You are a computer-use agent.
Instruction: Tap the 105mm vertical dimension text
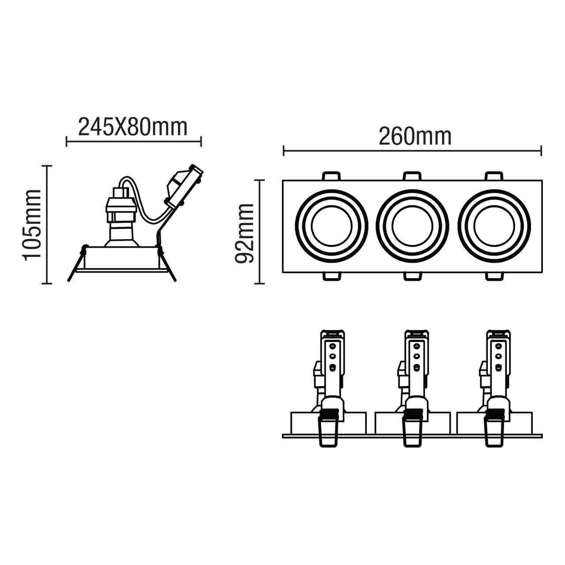tap(32, 225)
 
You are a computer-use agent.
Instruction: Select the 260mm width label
tap(415, 136)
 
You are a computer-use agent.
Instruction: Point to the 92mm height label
tap(245, 233)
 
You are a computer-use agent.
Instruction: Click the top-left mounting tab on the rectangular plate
tap(332, 176)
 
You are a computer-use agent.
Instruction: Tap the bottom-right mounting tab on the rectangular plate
tap(494, 276)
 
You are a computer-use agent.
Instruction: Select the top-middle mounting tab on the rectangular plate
tap(413, 176)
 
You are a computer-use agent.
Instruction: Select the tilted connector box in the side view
tap(183, 185)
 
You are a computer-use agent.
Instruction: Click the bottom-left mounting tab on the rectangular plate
tap(332, 276)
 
